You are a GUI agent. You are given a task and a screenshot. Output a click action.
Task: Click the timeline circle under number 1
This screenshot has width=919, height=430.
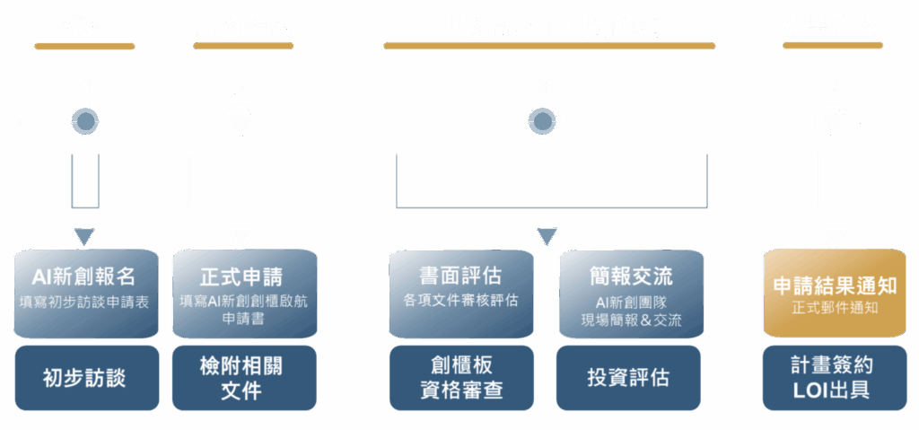pos(85,120)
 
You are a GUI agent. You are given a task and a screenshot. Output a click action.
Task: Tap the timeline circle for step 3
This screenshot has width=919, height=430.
pos(543,121)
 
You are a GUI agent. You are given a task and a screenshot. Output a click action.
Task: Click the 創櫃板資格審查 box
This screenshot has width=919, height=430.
pos(460,378)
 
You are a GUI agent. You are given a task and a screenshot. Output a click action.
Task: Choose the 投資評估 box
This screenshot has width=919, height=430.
pos(631,378)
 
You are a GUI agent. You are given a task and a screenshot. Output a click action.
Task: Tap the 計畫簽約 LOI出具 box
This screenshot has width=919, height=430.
pos(835,378)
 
